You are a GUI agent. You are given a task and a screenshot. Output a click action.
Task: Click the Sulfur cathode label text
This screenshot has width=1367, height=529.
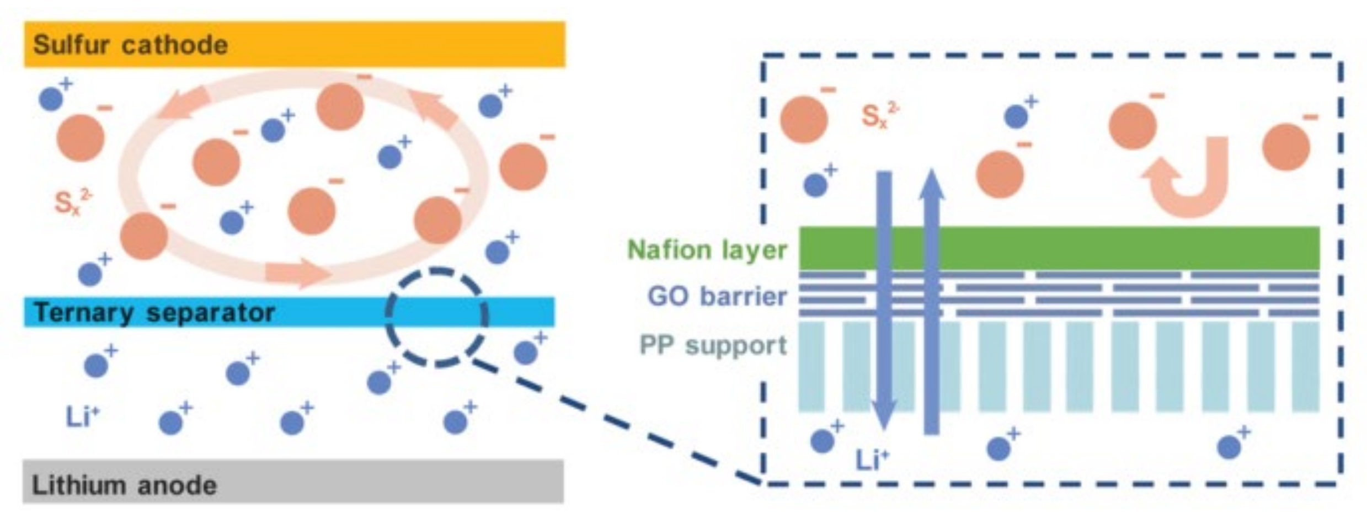(x=130, y=45)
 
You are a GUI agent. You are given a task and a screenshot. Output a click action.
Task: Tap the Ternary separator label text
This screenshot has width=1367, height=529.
(x=154, y=313)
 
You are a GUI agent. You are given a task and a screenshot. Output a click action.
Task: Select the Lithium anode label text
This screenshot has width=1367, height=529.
(x=125, y=485)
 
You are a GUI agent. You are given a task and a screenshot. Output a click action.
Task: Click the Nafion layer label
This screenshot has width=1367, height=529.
(x=707, y=250)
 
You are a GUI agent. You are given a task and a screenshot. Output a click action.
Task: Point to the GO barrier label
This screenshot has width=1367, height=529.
(x=717, y=296)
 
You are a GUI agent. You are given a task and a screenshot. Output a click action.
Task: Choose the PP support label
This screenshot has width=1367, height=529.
(x=713, y=345)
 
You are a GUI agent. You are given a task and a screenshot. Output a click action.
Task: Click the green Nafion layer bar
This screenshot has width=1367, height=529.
(x=1059, y=248)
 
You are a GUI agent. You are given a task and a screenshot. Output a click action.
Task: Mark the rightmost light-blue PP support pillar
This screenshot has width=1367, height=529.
(x=1305, y=367)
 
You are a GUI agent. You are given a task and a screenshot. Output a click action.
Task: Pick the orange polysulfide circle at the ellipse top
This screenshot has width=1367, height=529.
(x=340, y=106)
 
